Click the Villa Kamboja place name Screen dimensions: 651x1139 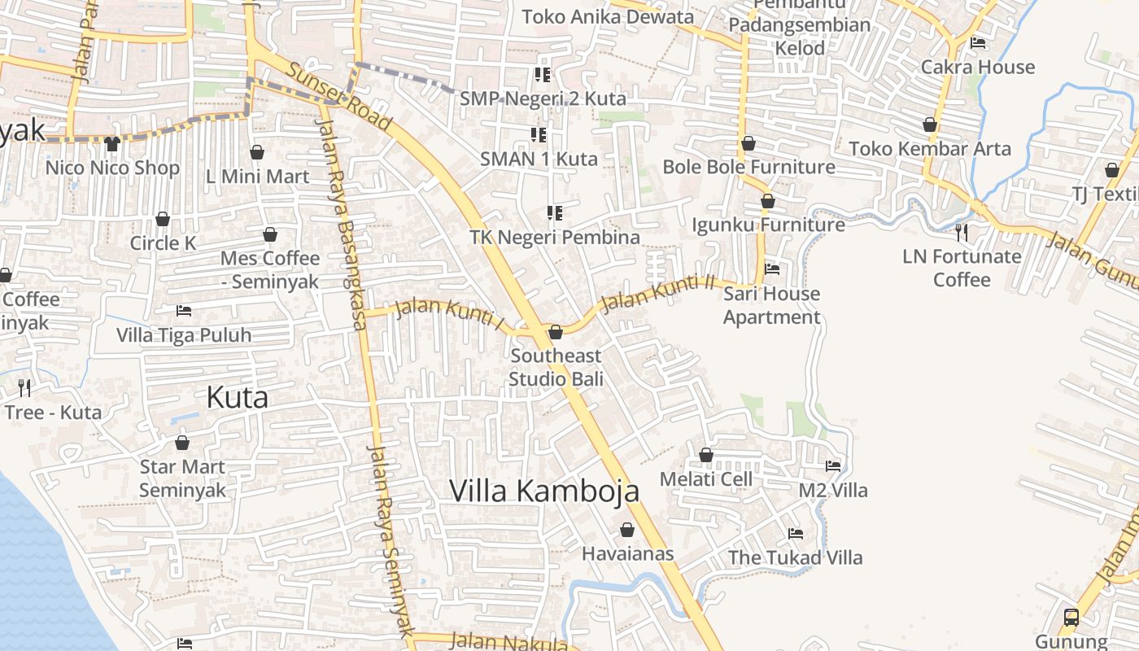pos(544,491)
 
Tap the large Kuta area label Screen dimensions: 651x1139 pos(237,397)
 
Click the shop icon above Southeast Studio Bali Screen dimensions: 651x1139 pos(556,332)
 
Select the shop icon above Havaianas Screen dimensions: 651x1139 pos(627,530)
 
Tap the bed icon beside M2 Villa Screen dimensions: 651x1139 pos(833,466)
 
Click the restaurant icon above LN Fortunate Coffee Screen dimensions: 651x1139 pos(962,233)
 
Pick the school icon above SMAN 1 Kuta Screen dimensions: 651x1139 pos(539,134)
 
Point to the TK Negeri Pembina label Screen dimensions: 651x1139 pos(555,238)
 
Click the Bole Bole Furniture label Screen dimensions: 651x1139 pos(748,167)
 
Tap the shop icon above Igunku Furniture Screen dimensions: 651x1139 pos(767,200)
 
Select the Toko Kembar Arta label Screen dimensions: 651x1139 pos(930,149)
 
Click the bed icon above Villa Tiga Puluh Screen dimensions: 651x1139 pos(184,311)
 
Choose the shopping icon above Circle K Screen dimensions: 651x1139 pos(163,219)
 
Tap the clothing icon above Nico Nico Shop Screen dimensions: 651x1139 pos(112,144)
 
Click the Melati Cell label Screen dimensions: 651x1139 pos(705,479)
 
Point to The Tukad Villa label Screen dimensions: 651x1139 pos(795,557)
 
